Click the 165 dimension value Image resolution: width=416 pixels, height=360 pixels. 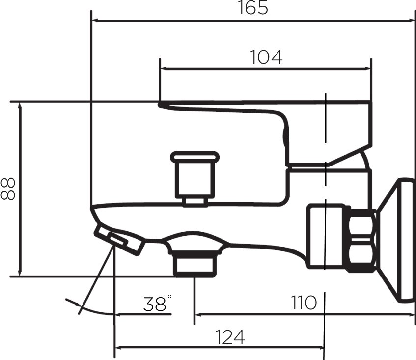tap(253, 8)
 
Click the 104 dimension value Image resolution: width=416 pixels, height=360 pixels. tap(266, 57)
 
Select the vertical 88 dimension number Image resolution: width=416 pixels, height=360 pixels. tap(8, 189)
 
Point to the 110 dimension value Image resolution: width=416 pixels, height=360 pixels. tap(304, 303)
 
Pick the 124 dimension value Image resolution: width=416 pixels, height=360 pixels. tap(230, 337)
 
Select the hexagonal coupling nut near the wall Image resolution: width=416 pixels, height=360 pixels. tap(361, 240)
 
